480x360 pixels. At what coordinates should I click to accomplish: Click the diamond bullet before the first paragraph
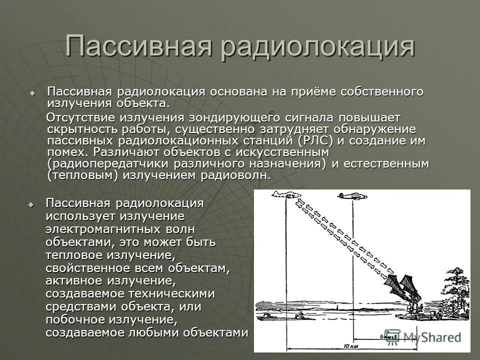[x=32, y=93]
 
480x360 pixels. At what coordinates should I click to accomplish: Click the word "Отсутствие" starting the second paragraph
[x=80, y=117]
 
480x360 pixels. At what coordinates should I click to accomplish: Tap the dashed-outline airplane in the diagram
[x=285, y=194]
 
